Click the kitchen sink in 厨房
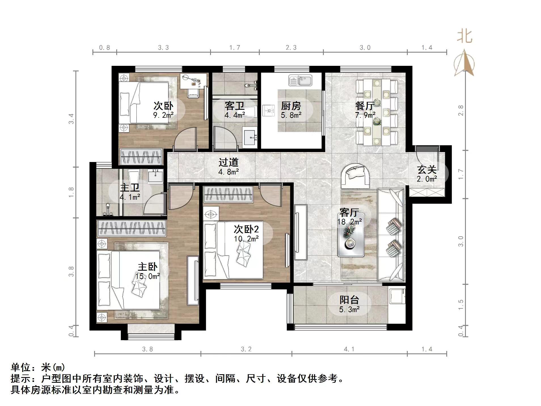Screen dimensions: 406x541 point(300,80)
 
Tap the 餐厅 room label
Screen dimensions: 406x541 point(365,106)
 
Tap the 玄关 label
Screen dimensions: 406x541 point(426,170)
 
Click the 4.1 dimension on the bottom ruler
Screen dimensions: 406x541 point(349,349)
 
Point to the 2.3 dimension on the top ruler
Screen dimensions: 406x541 point(291,48)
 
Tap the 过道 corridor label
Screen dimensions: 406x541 point(228,162)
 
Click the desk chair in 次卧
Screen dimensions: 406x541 point(193,92)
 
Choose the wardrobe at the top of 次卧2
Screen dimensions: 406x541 point(228,194)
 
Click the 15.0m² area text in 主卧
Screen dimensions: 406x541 point(147,276)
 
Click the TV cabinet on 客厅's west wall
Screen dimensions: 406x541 point(300,232)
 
